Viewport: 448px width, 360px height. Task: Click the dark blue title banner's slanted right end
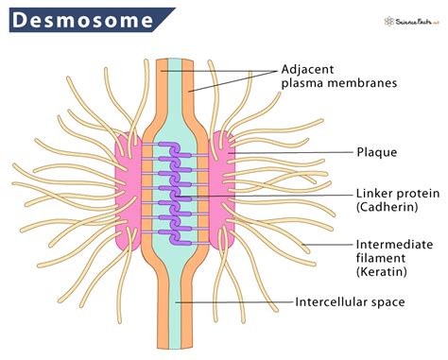pyautogui.click(x=167, y=19)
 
